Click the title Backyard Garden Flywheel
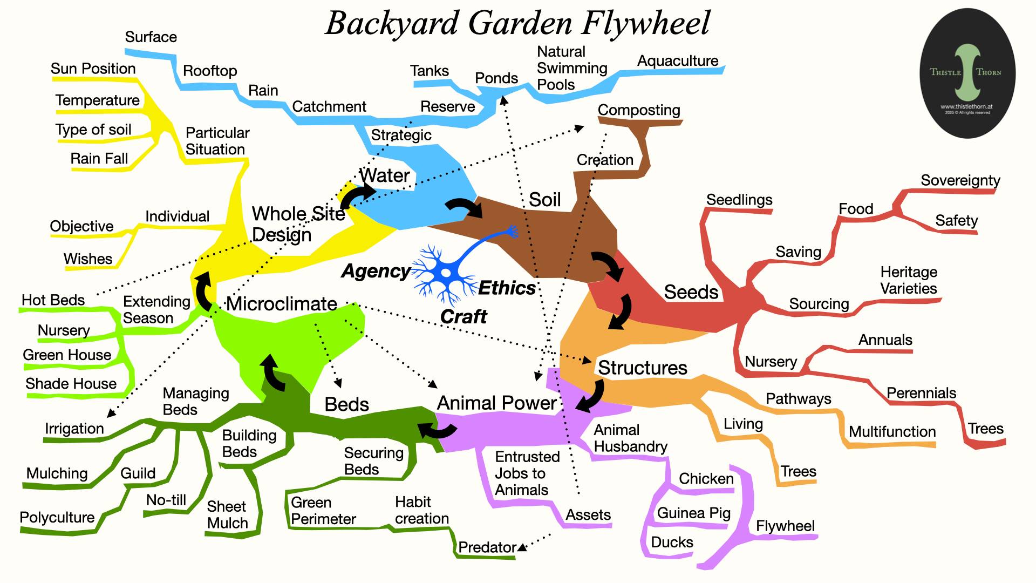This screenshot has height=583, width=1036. pos(517,24)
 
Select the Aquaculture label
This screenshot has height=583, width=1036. pos(678,61)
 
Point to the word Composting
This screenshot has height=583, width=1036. pos(639,110)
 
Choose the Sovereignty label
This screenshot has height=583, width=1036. pos(960,180)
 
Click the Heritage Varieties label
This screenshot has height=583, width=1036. pos(909,280)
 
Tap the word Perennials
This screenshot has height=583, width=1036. pos(921,393)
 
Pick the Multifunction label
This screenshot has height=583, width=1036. pos(892,432)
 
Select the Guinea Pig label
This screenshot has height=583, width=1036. pos(693,513)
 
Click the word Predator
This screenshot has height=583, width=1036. pos(487,547)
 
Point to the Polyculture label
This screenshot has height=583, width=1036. pos(57,517)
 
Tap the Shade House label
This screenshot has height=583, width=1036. pos(71,384)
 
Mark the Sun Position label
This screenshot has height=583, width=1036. pos(93,69)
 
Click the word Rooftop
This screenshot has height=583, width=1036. pos(210,71)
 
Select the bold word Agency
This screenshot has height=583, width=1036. pos(376,271)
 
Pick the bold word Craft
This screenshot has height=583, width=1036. pos(464,316)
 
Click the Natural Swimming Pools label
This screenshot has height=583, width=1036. pos(571,68)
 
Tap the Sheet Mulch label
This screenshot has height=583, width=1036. pos(227,514)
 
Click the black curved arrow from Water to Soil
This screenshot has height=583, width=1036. pos(465,207)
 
